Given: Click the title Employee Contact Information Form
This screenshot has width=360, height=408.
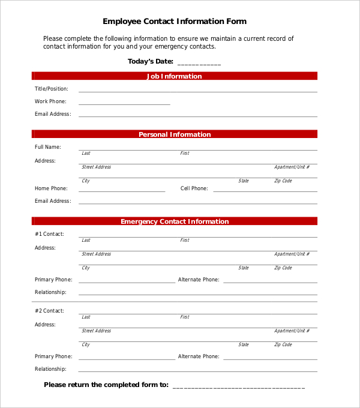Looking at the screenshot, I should click(175, 22).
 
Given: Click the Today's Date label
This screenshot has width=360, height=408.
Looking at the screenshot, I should click(150, 61).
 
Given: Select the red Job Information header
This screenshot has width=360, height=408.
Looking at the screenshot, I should click(175, 76).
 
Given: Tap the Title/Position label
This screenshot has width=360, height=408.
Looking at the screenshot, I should click(51, 89).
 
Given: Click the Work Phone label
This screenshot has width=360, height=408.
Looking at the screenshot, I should click(50, 101).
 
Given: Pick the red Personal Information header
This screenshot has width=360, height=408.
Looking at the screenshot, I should click(175, 134).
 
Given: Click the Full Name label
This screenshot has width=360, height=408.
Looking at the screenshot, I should click(47, 147).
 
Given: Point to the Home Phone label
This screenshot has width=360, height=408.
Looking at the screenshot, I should click(51, 188).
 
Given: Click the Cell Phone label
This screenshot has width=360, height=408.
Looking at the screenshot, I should click(194, 188).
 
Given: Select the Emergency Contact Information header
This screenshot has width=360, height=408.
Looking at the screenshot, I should click(175, 221).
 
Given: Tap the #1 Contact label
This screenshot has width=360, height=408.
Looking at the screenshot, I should click(49, 234).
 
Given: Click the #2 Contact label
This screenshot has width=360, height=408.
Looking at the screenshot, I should click(49, 311).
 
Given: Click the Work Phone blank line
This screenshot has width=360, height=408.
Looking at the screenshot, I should click(124, 104).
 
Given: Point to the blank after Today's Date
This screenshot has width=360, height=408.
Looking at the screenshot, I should click(199, 63).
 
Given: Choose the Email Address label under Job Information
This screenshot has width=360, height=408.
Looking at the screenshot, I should click(53, 114).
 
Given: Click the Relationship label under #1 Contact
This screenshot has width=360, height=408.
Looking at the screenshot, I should click(50, 292).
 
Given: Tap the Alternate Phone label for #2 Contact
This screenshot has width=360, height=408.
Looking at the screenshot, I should click(199, 356).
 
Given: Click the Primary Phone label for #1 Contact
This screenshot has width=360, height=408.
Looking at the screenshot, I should click(53, 280).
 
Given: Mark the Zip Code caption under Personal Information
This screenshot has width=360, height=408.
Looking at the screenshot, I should click(283, 181).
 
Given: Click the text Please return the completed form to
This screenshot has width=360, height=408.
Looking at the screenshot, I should click(106, 385).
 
